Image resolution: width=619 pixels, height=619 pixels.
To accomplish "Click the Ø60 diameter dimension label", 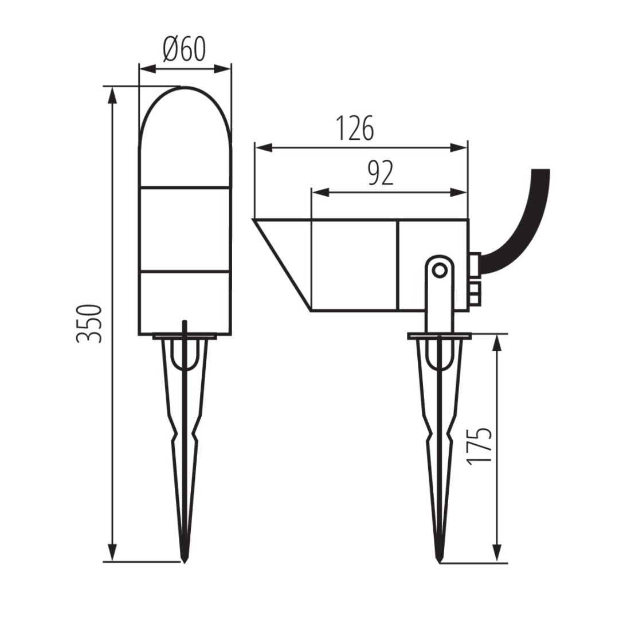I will pyautogui.click(x=184, y=50).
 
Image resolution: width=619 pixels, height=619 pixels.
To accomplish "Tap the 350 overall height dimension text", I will pyautogui.click(x=90, y=324).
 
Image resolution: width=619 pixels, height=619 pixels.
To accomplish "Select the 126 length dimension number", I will pyautogui.click(x=354, y=128).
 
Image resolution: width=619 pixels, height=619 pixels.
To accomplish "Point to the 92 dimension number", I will pyautogui.click(x=380, y=173).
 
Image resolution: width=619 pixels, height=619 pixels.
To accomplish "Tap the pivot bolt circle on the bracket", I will pyautogui.click(x=440, y=270).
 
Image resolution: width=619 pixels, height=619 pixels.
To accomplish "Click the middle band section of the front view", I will pyautogui.click(x=185, y=229).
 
